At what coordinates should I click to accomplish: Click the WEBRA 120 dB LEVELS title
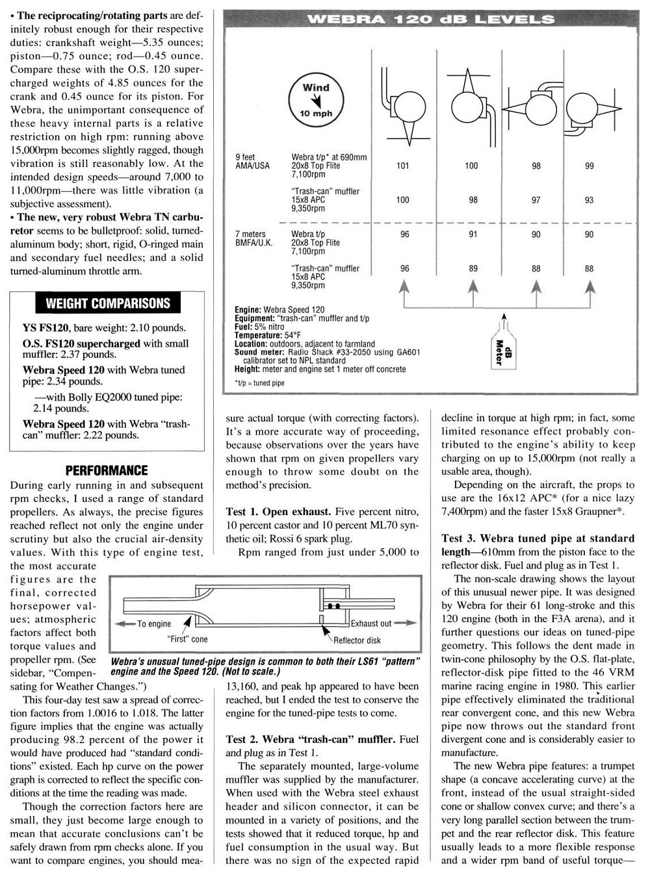point(431,19)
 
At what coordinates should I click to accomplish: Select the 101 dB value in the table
point(403,166)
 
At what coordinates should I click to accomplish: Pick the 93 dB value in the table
point(589,200)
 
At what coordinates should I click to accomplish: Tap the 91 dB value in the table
point(473,234)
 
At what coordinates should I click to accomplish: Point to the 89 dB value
point(473,268)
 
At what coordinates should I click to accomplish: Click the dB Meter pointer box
point(499,351)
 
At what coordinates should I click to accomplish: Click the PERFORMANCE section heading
point(107,470)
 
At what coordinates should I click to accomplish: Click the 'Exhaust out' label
point(371,624)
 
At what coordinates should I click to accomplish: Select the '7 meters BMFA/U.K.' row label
point(255,238)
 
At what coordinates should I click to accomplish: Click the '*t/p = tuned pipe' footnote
point(259,383)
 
